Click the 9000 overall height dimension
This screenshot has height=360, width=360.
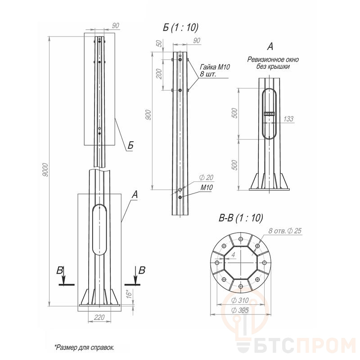pos(45,170)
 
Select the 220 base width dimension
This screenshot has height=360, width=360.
pos(99,318)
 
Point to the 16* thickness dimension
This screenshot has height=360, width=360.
pos(130,294)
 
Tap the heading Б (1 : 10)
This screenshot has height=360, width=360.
pos(180,27)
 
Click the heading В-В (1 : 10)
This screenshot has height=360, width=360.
pos(241,218)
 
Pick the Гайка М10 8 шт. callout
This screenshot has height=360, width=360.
pos(215,71)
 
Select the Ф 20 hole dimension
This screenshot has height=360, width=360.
pos(206,177)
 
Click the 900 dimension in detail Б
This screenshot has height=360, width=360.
pos(148,115)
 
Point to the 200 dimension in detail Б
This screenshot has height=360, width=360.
pos(159,74)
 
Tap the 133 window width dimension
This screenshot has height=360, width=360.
pos(288,119)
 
